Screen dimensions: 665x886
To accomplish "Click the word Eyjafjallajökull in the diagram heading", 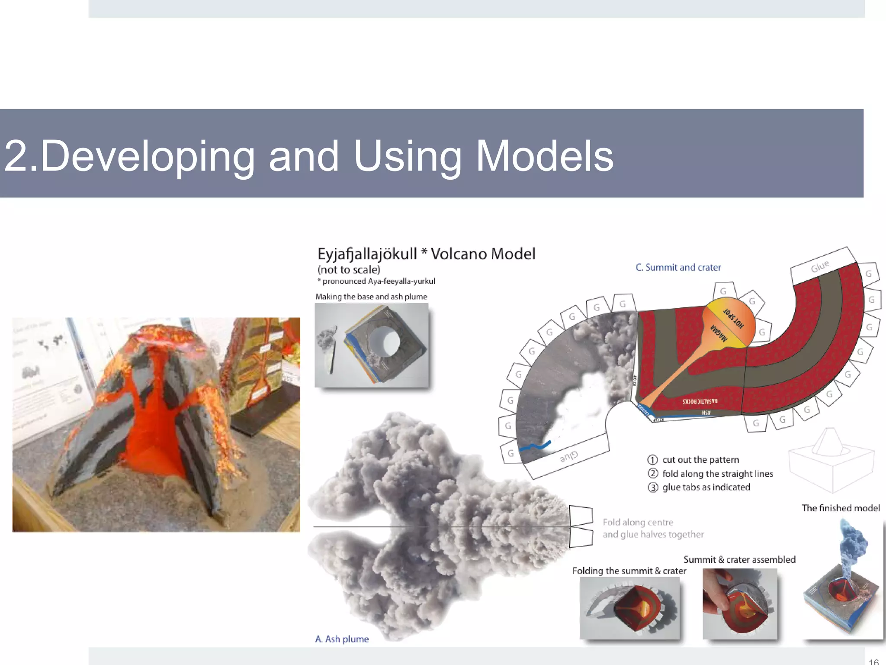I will (x=367, y=254).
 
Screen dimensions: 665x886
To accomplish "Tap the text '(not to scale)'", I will (x=349, y=270).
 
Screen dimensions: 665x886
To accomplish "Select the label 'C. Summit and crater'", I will (x=678, y=268).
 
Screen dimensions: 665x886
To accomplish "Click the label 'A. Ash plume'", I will (x=342, y=639).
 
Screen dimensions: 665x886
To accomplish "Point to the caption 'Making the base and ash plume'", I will (x=371, y=297).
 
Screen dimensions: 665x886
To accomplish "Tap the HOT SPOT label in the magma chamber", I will (x=734, y=319).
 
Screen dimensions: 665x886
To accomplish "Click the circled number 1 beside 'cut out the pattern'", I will (x=652, y=460).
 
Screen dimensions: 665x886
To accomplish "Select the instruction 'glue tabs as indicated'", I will (x=706, y=487).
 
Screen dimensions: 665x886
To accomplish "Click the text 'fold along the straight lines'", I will (x=717, y=474).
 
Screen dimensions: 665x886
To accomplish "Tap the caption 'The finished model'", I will (x=840, y=508).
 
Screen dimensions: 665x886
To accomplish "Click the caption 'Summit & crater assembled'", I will (x=739, y=559).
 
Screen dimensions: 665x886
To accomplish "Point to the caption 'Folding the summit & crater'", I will (x=629, y=571).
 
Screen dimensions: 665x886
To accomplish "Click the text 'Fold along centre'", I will (x=638, y=522).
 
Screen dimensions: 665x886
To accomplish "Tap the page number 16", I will (x=873, y=662).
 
